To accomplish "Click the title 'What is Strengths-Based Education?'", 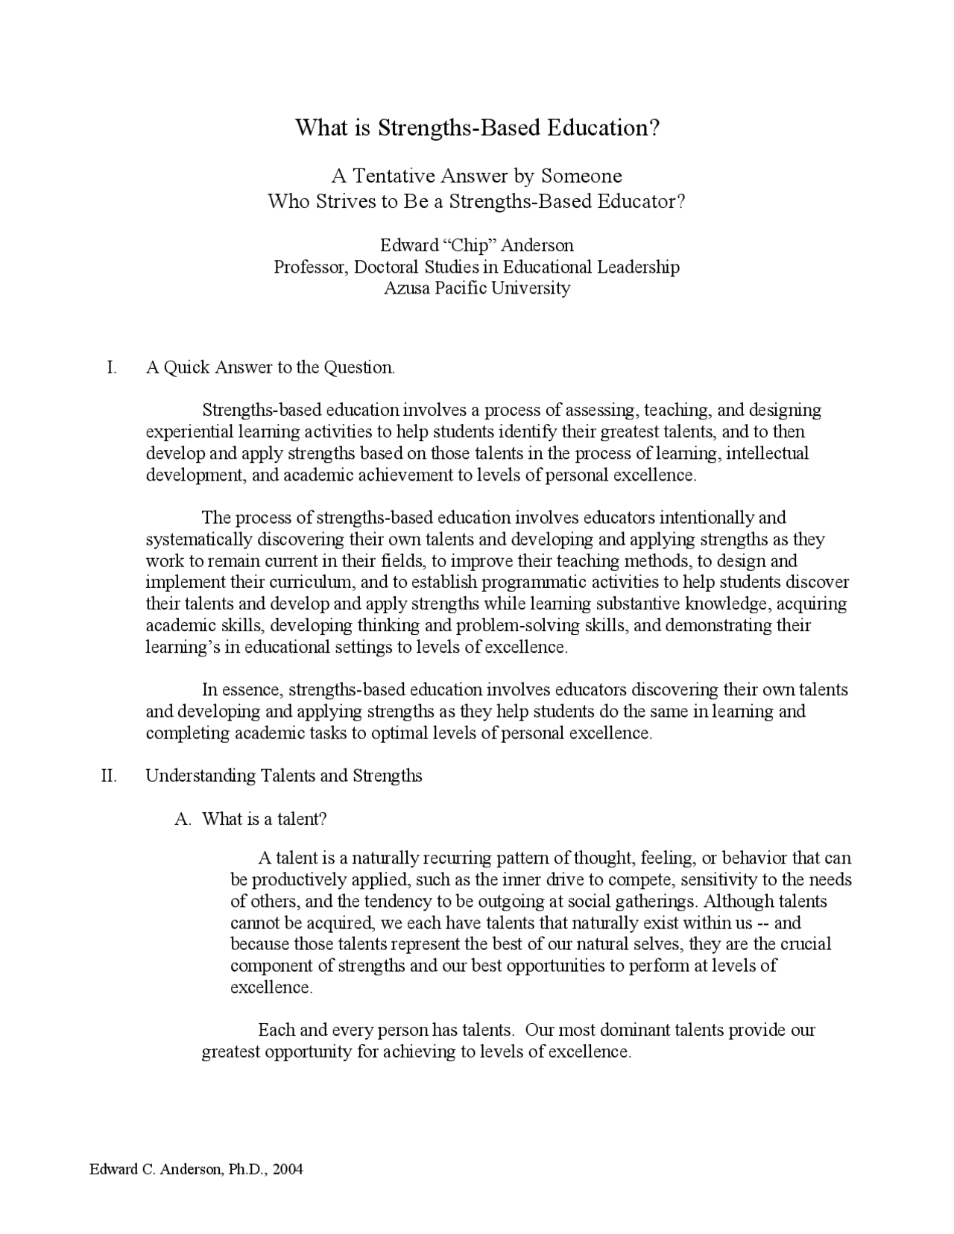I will point(478,127).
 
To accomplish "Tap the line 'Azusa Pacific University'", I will point(477,288).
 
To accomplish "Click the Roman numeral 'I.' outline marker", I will point(112,367).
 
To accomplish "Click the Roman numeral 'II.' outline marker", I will point(109,776).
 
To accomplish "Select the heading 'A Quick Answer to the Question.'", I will point(271,367).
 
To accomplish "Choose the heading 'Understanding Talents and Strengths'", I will point(284,776).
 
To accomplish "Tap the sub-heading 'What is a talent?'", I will point(265,819).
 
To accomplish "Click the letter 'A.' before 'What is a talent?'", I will point(183,819).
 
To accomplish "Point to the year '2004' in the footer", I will point(288,1169).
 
